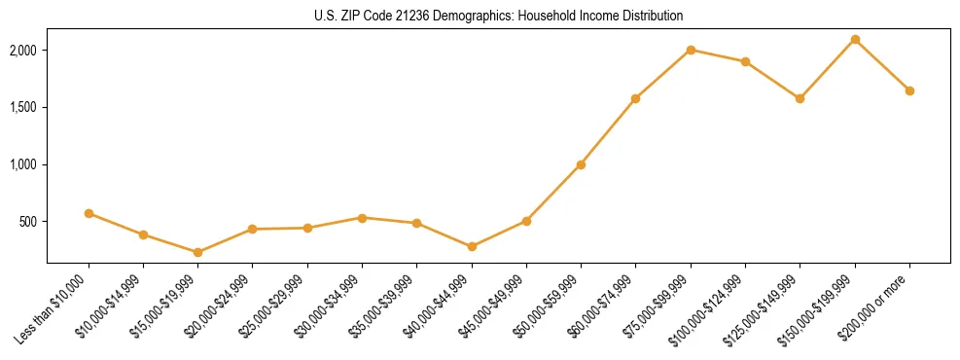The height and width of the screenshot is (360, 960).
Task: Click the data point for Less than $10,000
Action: coord(89,213)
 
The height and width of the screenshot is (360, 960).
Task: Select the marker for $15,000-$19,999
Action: coord(197,252)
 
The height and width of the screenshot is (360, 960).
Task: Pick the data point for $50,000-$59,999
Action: coord(581,164)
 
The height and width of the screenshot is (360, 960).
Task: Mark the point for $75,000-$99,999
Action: coord(691,50)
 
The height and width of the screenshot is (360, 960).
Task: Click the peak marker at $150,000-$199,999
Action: coord(855,40)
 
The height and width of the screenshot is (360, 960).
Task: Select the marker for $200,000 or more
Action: coord(909,90)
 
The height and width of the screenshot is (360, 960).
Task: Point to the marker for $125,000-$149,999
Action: coord(800,98)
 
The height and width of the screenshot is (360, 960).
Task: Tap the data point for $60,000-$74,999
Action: coord(635,98)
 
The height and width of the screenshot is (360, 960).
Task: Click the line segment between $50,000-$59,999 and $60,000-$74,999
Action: coord(608,131)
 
